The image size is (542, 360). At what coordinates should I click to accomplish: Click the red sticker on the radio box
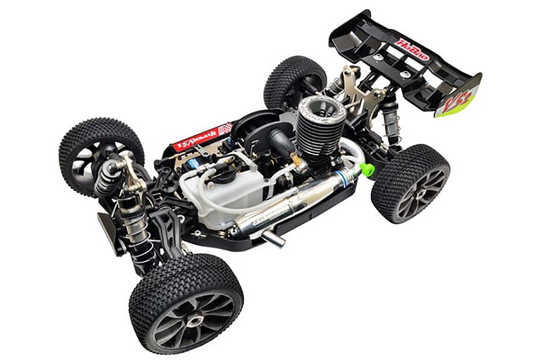click(201, 137)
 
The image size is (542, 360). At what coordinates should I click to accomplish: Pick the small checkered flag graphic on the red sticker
click(225, 128)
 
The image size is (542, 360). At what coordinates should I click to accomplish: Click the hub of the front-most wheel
click(191, 320)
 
